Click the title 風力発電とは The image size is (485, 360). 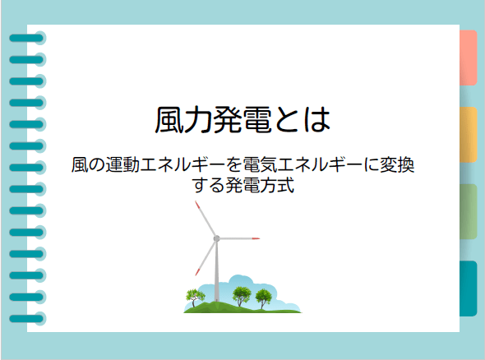(242, 120)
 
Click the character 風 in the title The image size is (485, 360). (169, 120)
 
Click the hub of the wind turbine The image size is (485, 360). (216, 238)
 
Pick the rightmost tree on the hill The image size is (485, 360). (263, 296)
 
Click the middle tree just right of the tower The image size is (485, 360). (242, 293)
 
